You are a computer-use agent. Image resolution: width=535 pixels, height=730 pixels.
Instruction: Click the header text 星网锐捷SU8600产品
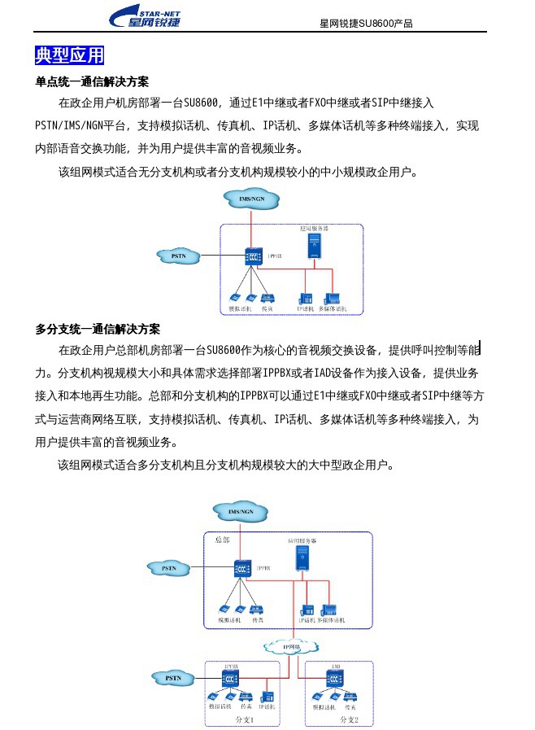366,24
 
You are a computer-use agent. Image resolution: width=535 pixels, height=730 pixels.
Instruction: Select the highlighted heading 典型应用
70,55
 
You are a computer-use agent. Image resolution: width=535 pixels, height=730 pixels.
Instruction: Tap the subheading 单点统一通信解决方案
92,82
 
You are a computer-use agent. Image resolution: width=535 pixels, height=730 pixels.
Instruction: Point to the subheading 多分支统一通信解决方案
98,329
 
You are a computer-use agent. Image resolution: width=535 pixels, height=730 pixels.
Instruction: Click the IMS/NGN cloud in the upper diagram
250,199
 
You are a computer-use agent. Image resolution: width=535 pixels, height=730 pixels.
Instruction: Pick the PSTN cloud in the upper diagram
179,256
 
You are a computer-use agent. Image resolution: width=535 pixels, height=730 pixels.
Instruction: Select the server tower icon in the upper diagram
314,245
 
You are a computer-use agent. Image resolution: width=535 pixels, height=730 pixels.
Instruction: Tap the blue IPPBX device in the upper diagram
251,257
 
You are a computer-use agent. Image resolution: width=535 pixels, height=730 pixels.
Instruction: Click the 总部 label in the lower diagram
222,540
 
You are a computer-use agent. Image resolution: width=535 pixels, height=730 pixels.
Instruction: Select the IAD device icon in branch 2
335,677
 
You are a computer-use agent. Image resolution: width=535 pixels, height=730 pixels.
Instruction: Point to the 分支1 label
244,720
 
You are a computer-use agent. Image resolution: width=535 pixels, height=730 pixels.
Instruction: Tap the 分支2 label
349,720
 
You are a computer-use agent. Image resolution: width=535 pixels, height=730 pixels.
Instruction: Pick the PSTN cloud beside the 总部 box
169,567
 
